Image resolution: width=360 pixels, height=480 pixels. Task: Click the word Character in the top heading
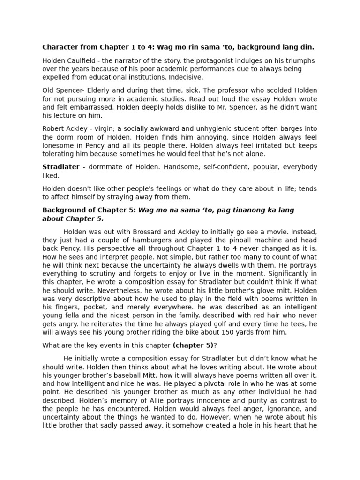point(59,47)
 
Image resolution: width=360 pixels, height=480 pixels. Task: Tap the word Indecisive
point(186,77)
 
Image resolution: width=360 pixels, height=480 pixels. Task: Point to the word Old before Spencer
point(49,90)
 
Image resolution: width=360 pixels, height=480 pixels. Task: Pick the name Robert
point(53,129)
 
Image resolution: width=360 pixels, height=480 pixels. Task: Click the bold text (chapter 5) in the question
point(193,346)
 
